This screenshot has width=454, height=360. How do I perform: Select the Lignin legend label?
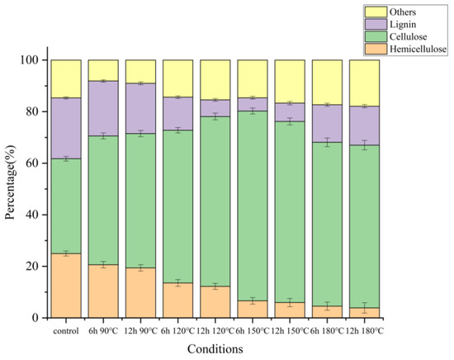tap(393, 26)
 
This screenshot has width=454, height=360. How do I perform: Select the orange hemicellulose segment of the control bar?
tap(66, 286)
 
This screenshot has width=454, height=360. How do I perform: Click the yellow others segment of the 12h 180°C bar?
tap(365, 83)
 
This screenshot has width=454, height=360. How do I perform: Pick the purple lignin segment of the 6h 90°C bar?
tap(103, 108)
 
